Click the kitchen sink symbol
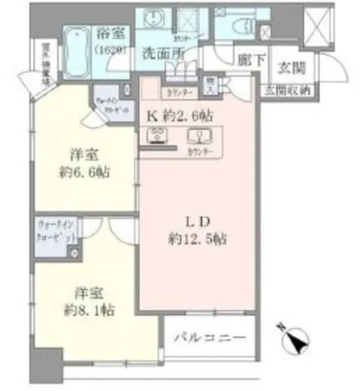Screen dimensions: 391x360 [x=201, y=137]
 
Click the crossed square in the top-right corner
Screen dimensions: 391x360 [x=316, y=24]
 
